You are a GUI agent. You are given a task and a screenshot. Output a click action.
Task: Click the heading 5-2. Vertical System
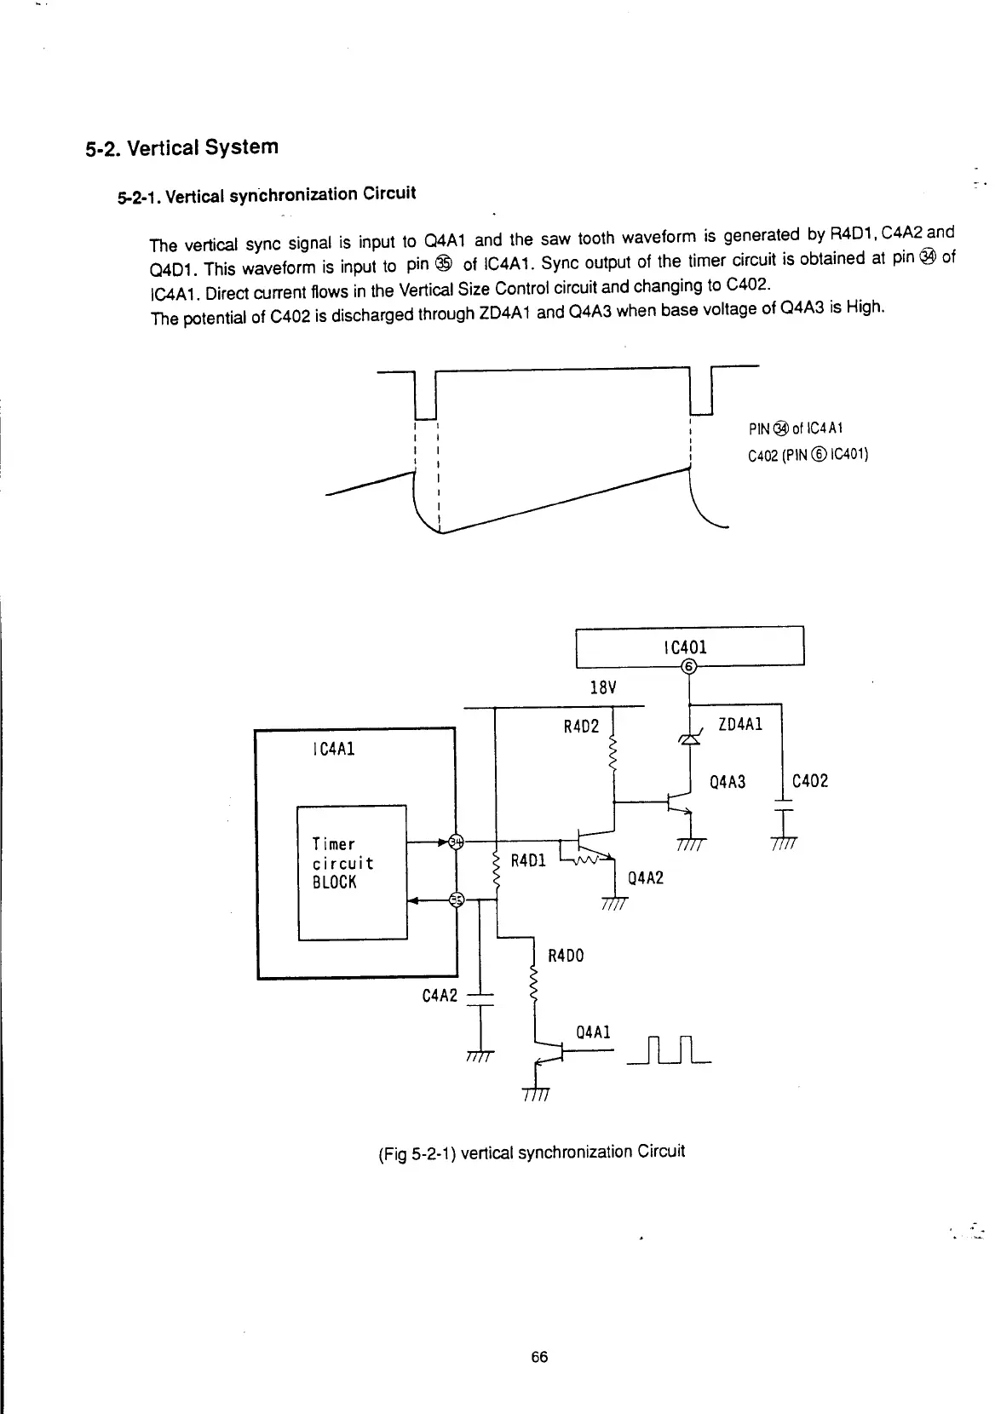coord(181,147)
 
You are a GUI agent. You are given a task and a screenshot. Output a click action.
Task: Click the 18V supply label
coord(602,687)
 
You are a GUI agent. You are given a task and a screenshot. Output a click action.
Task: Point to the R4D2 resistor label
coord(582,727)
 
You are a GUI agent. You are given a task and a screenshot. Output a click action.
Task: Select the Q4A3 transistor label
coord(728,781)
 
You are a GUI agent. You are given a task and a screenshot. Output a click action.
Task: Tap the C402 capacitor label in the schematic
coord(809,780)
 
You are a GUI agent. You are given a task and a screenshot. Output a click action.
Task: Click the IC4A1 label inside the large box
coord(334,749)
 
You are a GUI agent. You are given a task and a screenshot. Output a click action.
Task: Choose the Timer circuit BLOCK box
coord(351,871)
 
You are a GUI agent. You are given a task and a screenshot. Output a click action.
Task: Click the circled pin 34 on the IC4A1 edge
coord(456,842)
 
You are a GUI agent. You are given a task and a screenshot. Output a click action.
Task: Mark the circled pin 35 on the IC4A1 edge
coord(457,900)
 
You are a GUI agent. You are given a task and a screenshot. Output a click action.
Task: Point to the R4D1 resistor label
coord(527,860)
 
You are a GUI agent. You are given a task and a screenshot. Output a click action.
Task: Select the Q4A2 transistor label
coord(644,877)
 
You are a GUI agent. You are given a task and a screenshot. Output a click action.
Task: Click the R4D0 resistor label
coord(565,956)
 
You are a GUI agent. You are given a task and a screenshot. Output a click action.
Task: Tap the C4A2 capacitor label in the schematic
coord(440,995)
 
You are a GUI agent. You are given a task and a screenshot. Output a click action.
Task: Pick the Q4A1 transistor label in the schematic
coord(593,1032)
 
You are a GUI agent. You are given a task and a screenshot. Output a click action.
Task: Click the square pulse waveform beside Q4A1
coord(668,1050)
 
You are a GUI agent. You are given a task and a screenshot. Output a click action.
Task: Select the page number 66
coord(538,1357)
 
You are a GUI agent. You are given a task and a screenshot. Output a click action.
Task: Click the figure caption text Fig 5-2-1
coord(530,1152)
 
